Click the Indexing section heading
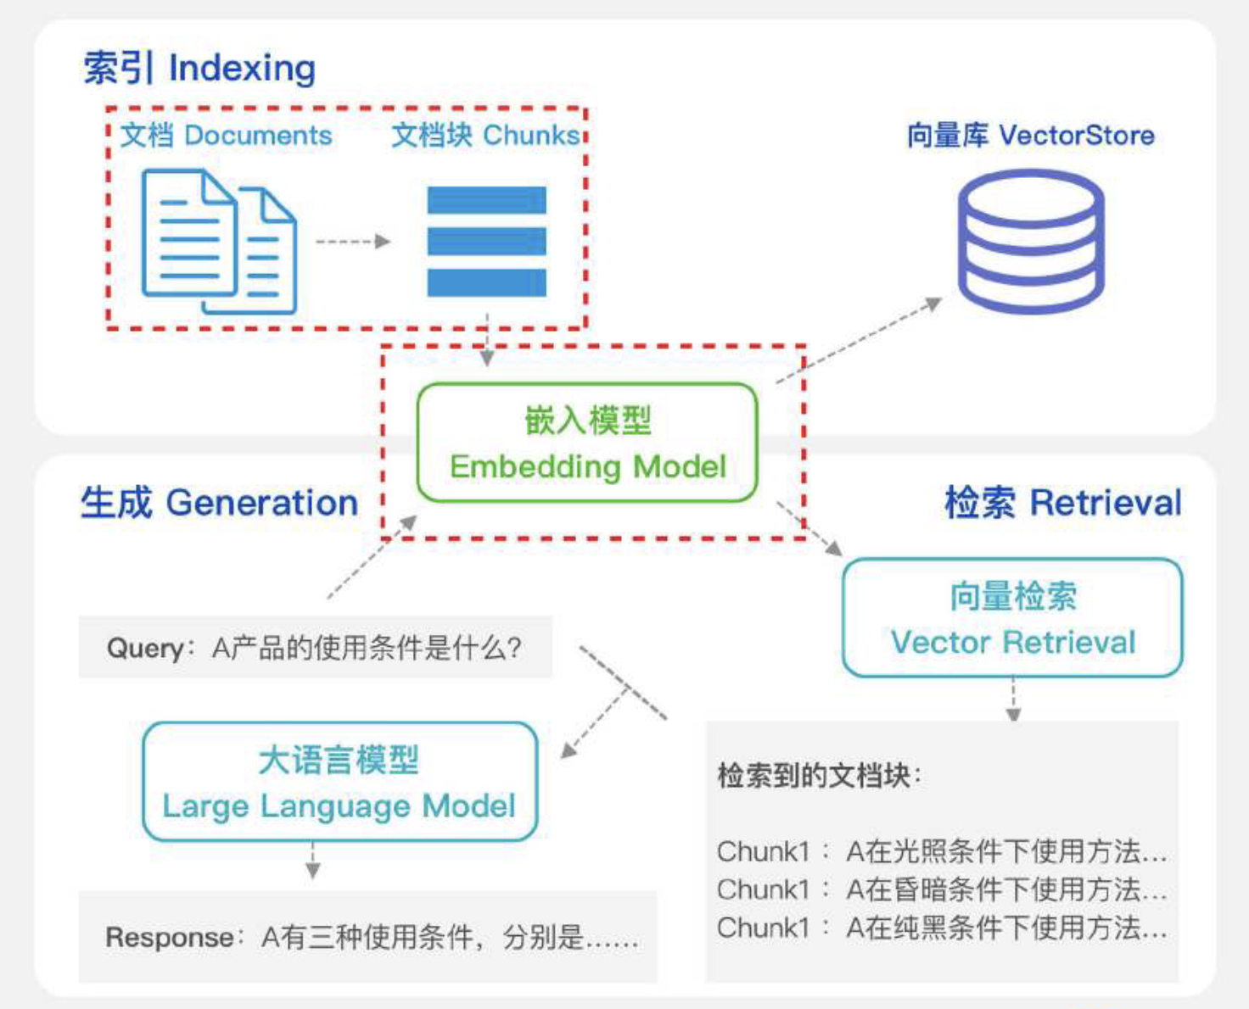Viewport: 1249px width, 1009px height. point(199,68)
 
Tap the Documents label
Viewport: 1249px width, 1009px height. point(226,136)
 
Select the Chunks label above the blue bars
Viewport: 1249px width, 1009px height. point(485,136)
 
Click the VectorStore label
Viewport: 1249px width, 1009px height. point(1030,136)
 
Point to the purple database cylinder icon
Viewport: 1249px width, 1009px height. point(1030,242)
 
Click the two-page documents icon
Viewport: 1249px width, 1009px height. point(219,242)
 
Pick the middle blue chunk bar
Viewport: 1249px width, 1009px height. point(486,242)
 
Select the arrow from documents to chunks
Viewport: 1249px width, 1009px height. point(352,242)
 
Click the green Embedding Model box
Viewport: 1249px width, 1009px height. point(587,443)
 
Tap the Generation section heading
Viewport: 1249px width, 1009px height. point(219,503)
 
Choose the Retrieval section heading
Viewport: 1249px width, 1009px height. point(1062,503)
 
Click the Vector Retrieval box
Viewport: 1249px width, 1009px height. point(1012,618)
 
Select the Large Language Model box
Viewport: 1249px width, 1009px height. point(339,782)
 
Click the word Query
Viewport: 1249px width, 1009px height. point(145,649)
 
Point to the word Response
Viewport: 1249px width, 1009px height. point(169,938)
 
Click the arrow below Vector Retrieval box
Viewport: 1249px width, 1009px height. point(1013,699)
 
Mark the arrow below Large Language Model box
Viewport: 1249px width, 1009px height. point(313,861)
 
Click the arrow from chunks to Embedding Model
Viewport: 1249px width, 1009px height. point(487,339)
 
